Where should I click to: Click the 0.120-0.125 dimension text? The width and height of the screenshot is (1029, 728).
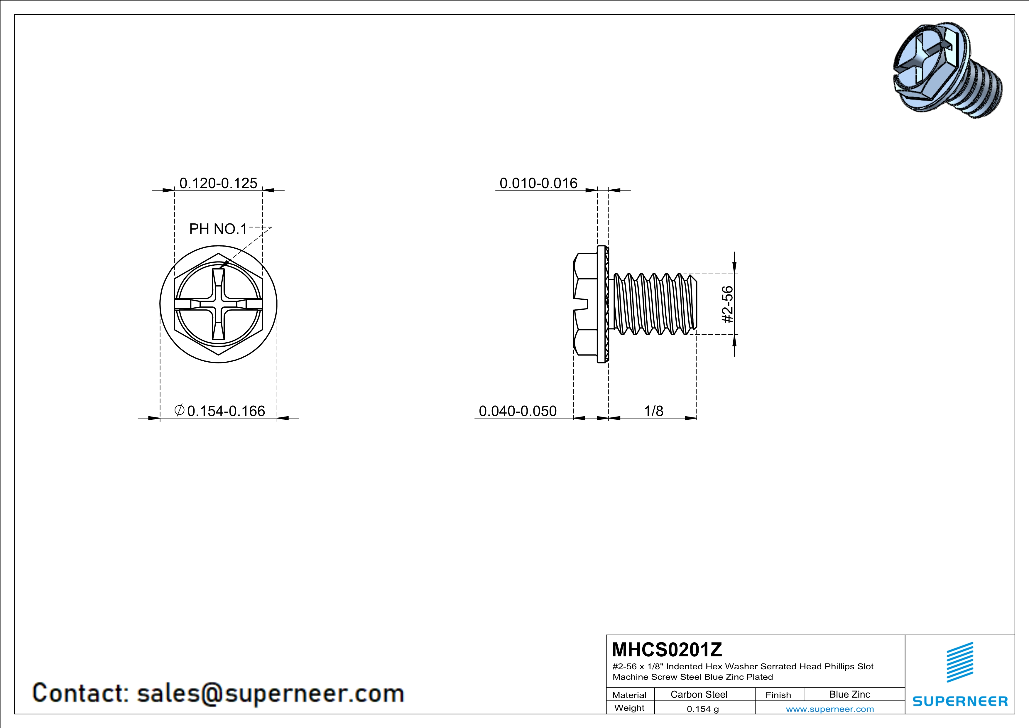coord(218,183)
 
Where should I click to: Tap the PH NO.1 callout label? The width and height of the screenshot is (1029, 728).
coord(218,229)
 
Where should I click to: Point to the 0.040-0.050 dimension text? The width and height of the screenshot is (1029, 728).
coord(518,411)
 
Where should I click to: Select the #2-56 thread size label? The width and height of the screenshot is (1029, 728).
coord(727,304)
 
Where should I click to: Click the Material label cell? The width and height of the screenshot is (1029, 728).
coord(629,695)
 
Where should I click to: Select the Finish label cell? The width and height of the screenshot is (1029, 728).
coord(778,695)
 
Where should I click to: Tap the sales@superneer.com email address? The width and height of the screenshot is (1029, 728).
coord(270,693)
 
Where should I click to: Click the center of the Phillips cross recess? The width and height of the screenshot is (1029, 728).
coord(218,304)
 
